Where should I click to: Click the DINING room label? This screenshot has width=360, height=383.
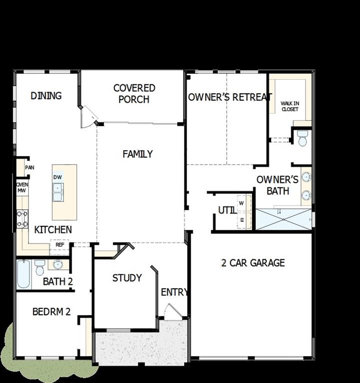pyautogui.click(x=46, y=96)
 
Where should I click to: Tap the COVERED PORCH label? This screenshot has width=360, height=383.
pyautogui.click(x=134, y=94)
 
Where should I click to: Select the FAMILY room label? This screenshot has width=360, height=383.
pyautogui.click(x=137, y=154)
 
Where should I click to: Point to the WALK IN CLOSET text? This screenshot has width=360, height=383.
pyautogui.click(x=290, y=106)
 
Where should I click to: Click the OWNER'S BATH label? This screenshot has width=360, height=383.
pyautogui.click(x=278, y=185)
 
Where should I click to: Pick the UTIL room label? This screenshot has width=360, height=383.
pyautogui.click(x=227, y=210)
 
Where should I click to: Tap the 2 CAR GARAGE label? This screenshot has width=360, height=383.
pyautogui.click(x=253, y=263)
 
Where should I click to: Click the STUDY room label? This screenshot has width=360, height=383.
pyautogui.click(x=127, y=278)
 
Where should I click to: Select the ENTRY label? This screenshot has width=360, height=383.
pyautogui.click(x=174, y=292)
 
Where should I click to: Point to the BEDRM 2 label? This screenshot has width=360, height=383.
pyautogui.click(x=51, y=312)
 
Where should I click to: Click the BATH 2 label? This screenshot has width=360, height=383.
pyautogui.click(x=58, y=282)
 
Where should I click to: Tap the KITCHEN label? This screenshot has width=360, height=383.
pyautogui.click(x=53, y=230)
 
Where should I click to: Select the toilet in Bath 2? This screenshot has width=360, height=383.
pyautogui.click(x=39, y=268)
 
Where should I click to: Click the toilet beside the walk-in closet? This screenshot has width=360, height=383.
pyautogui.click(x=302, y=138)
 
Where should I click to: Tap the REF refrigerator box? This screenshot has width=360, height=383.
pyautogui.click(x=59, y=245)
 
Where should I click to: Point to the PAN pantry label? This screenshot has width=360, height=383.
pyautogui.click(x=29, y=168)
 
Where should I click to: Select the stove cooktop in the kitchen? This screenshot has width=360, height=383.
pyautogui.click(x=22, y=218)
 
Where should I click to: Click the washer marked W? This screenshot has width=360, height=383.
pyautogui.click(x=242, y=203)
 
